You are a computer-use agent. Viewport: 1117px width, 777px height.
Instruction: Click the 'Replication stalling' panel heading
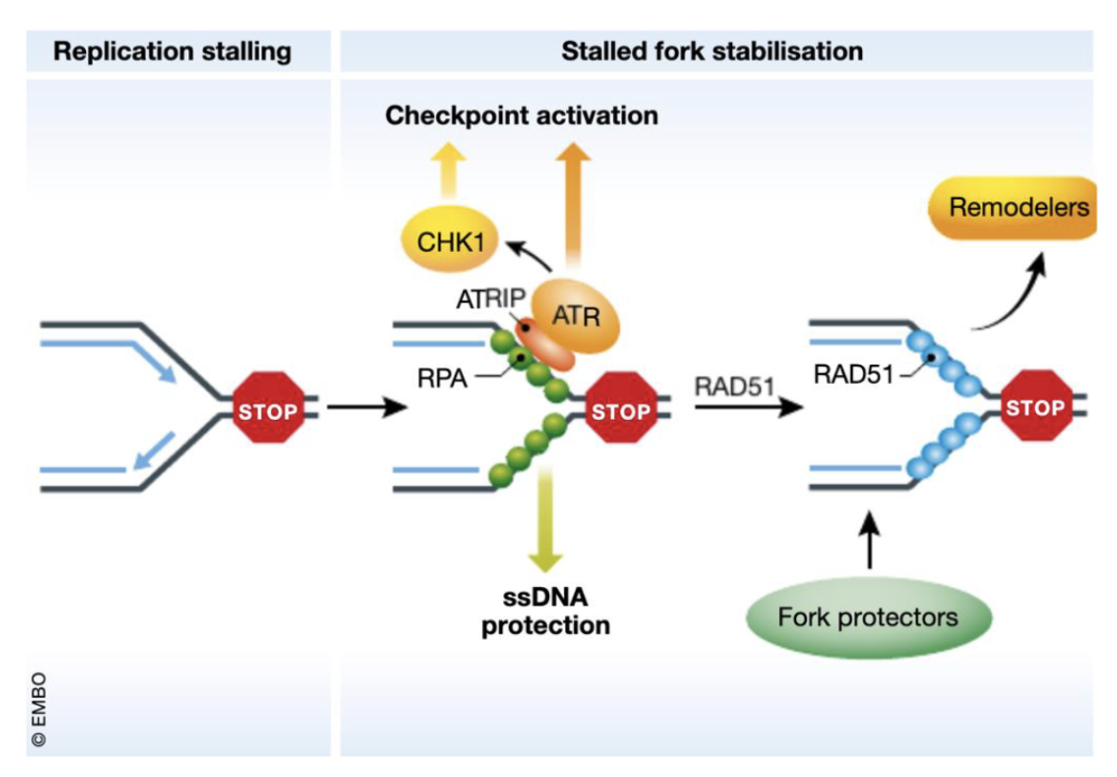tap(172, 51)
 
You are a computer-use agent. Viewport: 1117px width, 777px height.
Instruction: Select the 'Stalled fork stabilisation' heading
tap(711, 51)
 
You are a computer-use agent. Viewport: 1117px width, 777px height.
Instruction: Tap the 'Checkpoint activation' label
tap(521, 115)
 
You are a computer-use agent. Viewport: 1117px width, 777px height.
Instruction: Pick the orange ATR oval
tap(576, 315)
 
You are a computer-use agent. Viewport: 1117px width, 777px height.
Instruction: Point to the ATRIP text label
tap(485, 298)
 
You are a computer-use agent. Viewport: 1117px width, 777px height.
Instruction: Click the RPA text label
tap(442, 377)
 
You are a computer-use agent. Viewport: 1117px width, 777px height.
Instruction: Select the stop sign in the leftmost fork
tap(268, 411)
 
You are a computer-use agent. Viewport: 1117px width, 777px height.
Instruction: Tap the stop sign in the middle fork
tap(621, 411)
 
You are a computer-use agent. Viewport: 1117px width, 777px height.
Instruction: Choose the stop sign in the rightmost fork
tap(1036, 407)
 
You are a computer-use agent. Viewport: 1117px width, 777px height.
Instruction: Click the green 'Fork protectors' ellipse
tap(868, 618)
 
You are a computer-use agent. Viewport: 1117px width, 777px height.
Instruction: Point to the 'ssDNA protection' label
tap(545, 612)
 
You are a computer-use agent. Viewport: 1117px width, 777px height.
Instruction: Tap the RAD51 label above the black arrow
tap(733, 386)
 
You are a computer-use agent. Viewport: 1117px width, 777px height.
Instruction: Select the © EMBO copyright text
tap(39, 710)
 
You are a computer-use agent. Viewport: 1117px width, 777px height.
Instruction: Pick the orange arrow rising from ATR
tap(574, 205)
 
